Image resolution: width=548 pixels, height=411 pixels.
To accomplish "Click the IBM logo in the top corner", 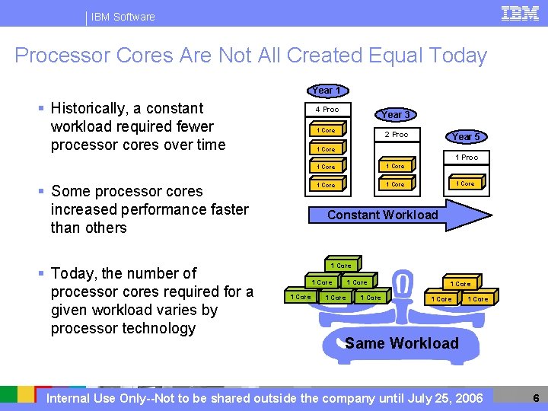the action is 521,14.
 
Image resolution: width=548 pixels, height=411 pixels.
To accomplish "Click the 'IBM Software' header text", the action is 123,17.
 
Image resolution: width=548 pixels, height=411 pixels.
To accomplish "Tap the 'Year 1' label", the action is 327,91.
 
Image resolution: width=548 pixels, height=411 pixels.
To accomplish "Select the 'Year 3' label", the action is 395,114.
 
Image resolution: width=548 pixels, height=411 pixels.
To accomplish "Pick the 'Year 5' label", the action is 466,137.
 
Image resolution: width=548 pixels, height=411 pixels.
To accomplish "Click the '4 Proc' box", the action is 327,110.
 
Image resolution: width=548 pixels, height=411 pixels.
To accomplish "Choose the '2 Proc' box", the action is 395,135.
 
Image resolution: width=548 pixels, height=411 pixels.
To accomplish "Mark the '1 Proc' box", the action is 466,158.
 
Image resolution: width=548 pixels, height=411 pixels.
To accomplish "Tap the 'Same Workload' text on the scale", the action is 402,343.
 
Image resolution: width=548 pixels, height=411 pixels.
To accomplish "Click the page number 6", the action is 536,398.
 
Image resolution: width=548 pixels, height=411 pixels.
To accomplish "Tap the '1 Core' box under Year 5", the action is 466,183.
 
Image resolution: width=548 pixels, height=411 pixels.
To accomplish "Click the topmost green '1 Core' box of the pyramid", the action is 340,266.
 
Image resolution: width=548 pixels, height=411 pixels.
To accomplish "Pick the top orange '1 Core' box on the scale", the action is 460,284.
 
